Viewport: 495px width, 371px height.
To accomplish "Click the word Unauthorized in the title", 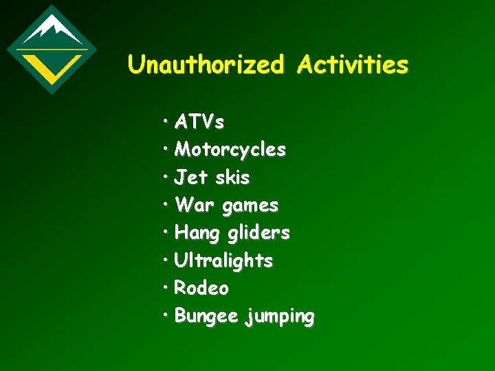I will [205, 65].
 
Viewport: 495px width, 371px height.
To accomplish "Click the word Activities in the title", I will [353, 65].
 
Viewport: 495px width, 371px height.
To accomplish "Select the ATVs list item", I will [199, 122].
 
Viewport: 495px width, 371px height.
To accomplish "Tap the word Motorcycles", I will [230, 150].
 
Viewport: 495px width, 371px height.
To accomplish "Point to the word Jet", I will [190, 178].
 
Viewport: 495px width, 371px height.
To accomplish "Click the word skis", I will [232, 178].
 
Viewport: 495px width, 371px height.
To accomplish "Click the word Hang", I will [197, 234].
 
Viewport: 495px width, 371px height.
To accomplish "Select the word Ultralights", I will [223, 261].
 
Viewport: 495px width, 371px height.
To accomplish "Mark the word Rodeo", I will [201, 289].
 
